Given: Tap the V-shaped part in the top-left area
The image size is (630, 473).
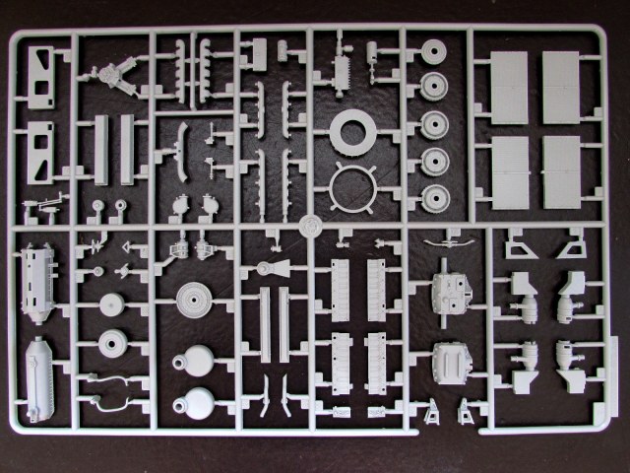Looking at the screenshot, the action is click(x=113, y=77).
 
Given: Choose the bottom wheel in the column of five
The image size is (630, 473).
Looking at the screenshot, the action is click(x=433, y=195).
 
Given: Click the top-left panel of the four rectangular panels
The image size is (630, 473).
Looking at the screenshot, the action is click(x=507, y=88).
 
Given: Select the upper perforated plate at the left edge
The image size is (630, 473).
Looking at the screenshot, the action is click(x=40, y=77).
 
